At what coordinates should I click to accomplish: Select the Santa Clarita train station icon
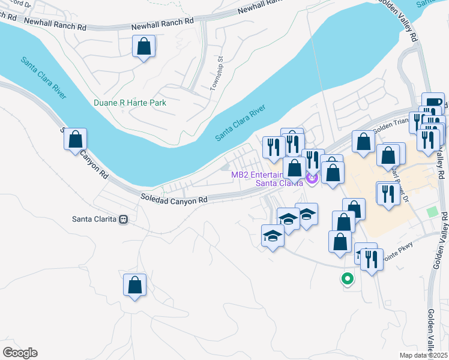tap(124, 219)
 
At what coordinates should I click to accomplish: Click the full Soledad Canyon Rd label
tap(173, 199)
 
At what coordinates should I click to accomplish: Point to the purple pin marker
tap(311, 177)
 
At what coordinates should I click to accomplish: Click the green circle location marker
tap(346, 278)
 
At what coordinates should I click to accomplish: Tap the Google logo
tap(20, 353)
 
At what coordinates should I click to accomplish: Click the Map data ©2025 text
tap(424, 355)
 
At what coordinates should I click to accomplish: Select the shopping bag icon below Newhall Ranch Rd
tap(144, 46)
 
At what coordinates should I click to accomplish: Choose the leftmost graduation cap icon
tap(273, 236)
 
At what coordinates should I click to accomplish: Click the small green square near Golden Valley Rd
tap(432, 212)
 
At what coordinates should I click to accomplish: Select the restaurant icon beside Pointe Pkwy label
tap(372, 260)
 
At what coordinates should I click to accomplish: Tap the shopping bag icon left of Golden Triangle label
tap(363, 142)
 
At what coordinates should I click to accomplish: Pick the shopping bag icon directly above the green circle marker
tap(340, 241)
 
